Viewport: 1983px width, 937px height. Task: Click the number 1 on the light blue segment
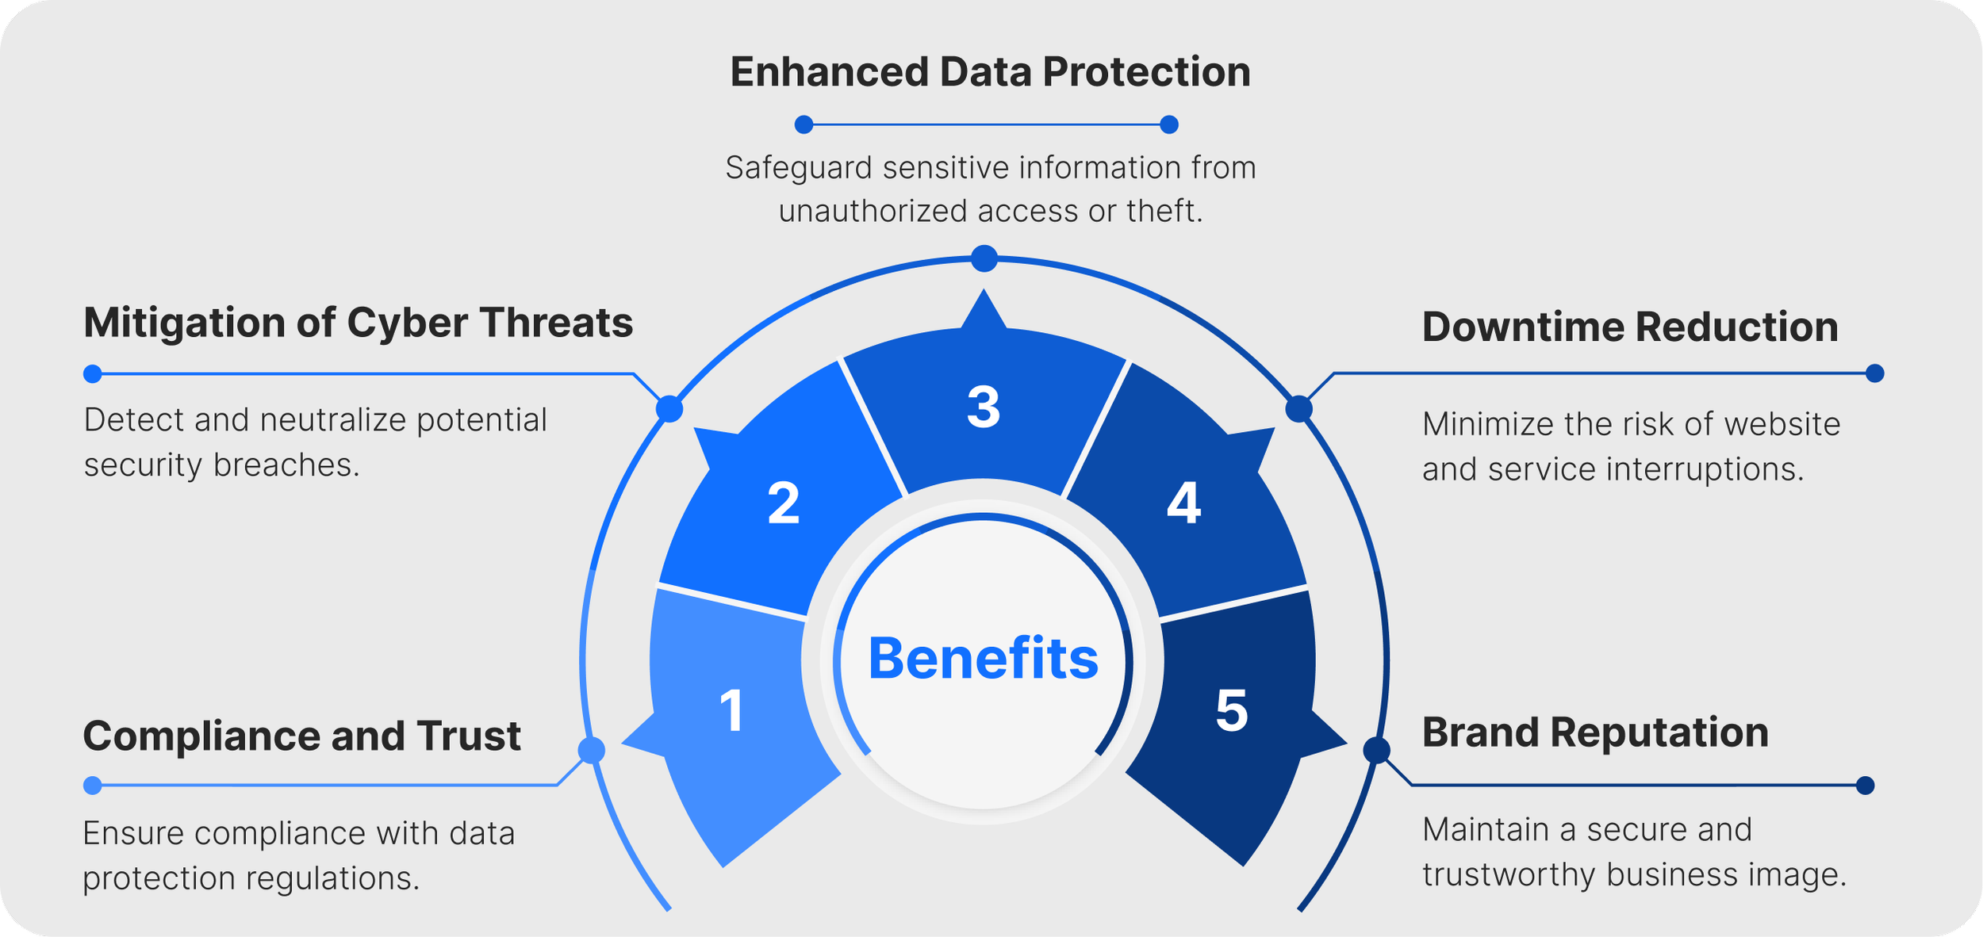pyautogui.click(x=731, y=711)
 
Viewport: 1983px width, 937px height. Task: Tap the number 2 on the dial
pyautogui.click(x=784, y=503)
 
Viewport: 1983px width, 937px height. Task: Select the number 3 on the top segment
pyautogui.click(x=984, y=408)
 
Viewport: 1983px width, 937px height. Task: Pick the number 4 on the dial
pyautogui.click(x=1183, y=503)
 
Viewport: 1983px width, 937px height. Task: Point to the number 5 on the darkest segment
pyautogui.click(x=1232, y=711)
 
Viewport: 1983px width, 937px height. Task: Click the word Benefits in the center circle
pyautogui.click(x=984, y=659)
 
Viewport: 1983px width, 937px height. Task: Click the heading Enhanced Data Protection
pyautogui.click(x=990, y=72)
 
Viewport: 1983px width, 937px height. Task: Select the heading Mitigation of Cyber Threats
pyautogui.click(x=359, y=323)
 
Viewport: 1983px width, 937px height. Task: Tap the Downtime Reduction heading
pyautogui.click(x=1630, y=327)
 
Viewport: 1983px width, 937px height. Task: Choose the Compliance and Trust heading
pyautogui.click(x=301, y=736)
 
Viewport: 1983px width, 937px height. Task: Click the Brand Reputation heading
pyautogui.click(x=1595, y=732)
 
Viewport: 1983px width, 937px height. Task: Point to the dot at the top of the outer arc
pyautogui.click(x=984, y=258)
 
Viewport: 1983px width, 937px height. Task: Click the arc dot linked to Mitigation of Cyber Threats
pyautogui.click(x=669, y=409)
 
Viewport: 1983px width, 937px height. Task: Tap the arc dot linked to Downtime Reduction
pyautogui.click(x=1298, y=409)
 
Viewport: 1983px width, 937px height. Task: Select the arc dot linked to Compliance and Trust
pyautogui.click(x=592, y=750)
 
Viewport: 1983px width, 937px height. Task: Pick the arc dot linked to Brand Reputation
pyautogui.click(x=1376, y=750)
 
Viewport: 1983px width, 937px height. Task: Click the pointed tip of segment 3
pyautogui.click(x=984, y=293)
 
